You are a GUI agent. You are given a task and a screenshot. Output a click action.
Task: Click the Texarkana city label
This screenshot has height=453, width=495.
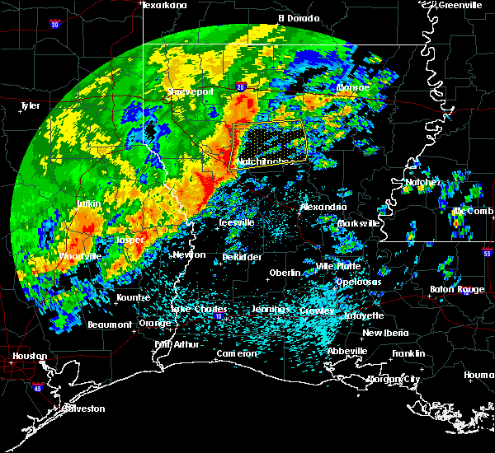coord(164,6)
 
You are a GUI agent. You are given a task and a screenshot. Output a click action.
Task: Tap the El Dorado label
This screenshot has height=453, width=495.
coord(297,17)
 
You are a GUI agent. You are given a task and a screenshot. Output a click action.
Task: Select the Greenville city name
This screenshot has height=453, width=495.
coord(460,5)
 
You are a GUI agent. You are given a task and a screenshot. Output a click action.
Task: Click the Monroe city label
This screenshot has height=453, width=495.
coord(354,87)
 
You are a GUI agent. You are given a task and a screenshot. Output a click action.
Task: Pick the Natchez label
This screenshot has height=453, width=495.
coord(423,183)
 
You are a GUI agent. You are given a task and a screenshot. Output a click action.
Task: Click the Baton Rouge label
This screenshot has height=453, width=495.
coord(458,289)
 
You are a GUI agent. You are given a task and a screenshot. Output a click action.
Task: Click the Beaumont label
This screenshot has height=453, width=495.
coord(110,325)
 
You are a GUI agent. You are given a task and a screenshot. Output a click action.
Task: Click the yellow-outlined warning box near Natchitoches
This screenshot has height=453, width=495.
coord(267,141)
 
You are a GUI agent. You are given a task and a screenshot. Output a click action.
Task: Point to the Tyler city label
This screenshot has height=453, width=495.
coord(31,106)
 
